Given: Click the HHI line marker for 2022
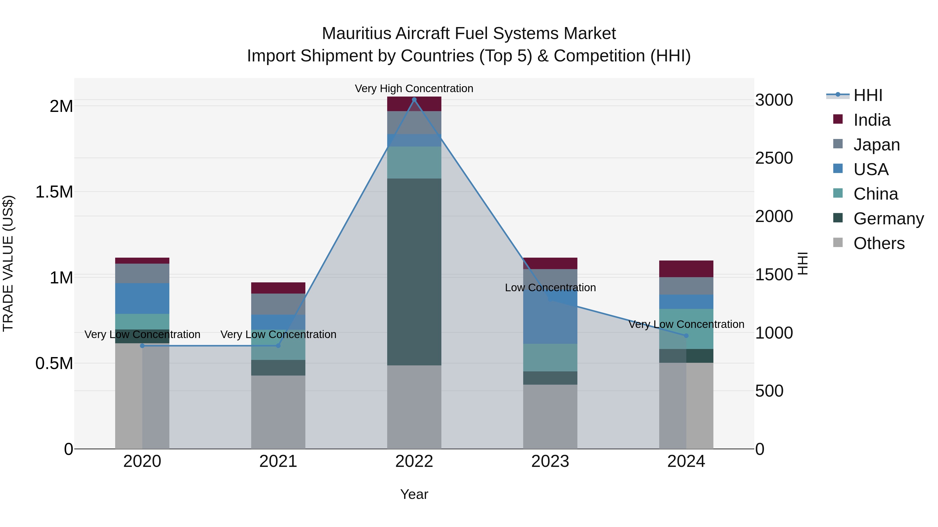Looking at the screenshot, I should [414, 100].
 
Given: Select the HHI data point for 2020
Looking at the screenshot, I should [142, 346].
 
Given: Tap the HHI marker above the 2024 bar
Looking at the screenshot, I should [686, 335].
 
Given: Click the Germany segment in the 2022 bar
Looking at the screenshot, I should [414, 272].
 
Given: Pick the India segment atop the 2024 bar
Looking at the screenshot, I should [686, 269].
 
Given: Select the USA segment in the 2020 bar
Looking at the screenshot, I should [142, 298].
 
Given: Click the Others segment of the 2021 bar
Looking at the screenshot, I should [278, 412].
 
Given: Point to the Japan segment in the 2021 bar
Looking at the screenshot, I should [278, 304].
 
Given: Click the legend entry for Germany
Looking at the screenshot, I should [888, 219].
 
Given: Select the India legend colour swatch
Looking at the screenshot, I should [838, 119].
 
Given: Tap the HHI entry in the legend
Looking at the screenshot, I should [868, 95].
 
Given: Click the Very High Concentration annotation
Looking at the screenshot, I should [414, 88].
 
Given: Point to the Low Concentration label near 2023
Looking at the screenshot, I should [550, 287].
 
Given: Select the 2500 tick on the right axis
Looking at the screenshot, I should [774, 158].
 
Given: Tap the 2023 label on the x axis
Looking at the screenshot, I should [550, 461].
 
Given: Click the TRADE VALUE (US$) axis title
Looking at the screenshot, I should [8, 263].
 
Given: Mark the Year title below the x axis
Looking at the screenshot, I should [414, 494].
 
